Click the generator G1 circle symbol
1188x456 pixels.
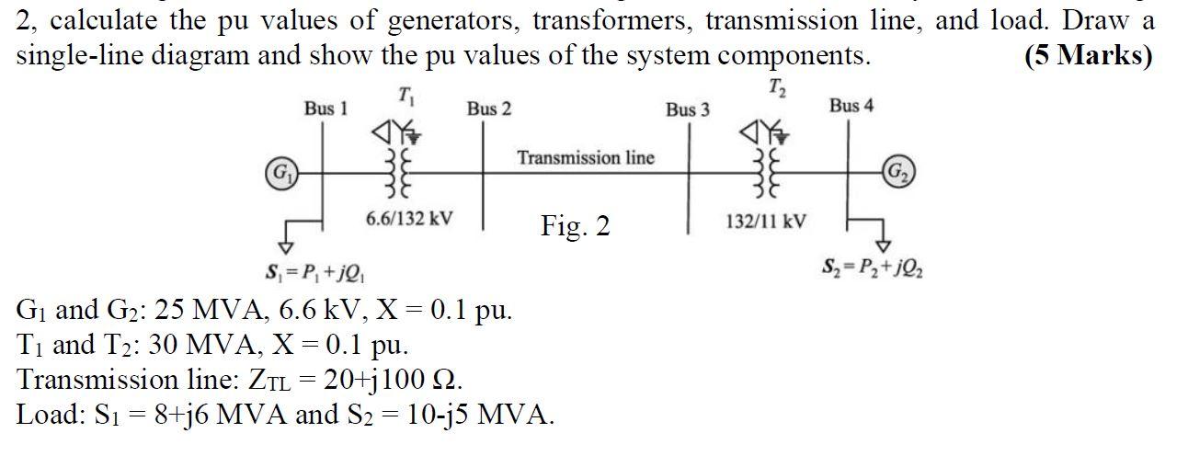pyautogui.click(x=276, y=172)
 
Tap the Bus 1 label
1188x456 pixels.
pyautogui.click(x=326, y=108)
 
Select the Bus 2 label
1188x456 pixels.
pyautogui.click(x=488, y=108)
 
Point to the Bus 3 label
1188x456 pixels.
pyautogui.click(x=687, y=109)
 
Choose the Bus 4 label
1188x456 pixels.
pyautogui.click(x=851, y=106)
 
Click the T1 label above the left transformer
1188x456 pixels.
pyautogui.click(x=406, y=94)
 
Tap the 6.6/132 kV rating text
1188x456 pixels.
pyautogui.click(x=408, y=219)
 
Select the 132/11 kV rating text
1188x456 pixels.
pyautogui.click(x=766, y=221)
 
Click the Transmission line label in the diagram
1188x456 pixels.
pyautogui.click(x=586, y=158)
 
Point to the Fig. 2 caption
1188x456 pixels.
pyautogui.click(x=575, y=225)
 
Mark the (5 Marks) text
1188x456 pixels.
pyautogui.click(x=1088, y=55)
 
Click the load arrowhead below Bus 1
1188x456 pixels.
pyautogui.click(x=286, y=246)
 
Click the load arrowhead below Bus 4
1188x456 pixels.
pyautogui.click(x=882, y=245)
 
